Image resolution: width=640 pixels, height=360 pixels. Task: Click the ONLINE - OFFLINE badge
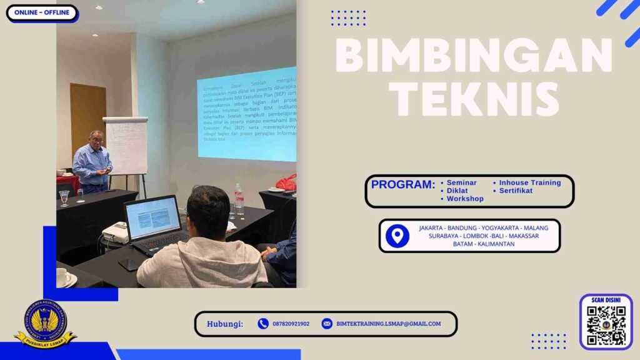[x=42, y=13]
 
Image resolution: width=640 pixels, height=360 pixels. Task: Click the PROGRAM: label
[x=402, y=184]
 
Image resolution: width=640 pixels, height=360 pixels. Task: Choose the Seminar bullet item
[x=462, y=182]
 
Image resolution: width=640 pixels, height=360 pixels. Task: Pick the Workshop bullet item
[x=465, y=199]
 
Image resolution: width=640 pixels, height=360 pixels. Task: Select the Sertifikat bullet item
[x=516, y=191]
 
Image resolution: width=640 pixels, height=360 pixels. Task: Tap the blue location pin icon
[x=397, y=236]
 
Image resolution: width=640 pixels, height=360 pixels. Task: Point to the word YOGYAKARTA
[x=497, y=228]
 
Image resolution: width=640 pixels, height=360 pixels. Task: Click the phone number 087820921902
[x=291, y=324]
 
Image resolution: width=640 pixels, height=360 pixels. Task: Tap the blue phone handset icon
[x=263, y=324]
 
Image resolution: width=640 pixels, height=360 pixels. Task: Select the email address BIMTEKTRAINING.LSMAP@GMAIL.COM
[x=388, y=324]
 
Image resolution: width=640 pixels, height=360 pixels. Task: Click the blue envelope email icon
[x=327, y=324]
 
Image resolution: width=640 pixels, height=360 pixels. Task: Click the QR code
[x=606, y=326]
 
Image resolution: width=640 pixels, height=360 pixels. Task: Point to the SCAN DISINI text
[x=606, y=300]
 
